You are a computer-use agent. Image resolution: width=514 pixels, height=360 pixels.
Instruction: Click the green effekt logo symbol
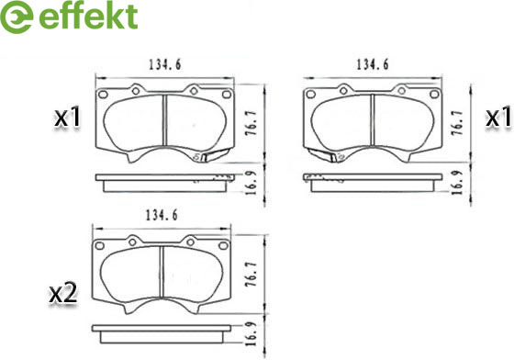click(17, 17)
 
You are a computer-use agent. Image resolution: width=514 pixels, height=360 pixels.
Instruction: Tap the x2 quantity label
click(63, 293)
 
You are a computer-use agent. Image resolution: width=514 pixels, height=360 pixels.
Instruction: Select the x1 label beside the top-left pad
click(67, 118)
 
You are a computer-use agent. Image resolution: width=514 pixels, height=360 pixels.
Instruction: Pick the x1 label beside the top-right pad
click(498, 117)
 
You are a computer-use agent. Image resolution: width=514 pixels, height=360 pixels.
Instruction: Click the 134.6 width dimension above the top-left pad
click(165, 64)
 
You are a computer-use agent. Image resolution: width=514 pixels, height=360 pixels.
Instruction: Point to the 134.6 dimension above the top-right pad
click(372, 64)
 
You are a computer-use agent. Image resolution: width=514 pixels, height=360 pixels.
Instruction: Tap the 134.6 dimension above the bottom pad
click(162, 216)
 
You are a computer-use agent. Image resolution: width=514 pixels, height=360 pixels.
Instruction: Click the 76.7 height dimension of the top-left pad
click(251, 123)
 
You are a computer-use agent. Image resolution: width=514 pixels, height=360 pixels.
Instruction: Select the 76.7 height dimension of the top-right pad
click(457, 123)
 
